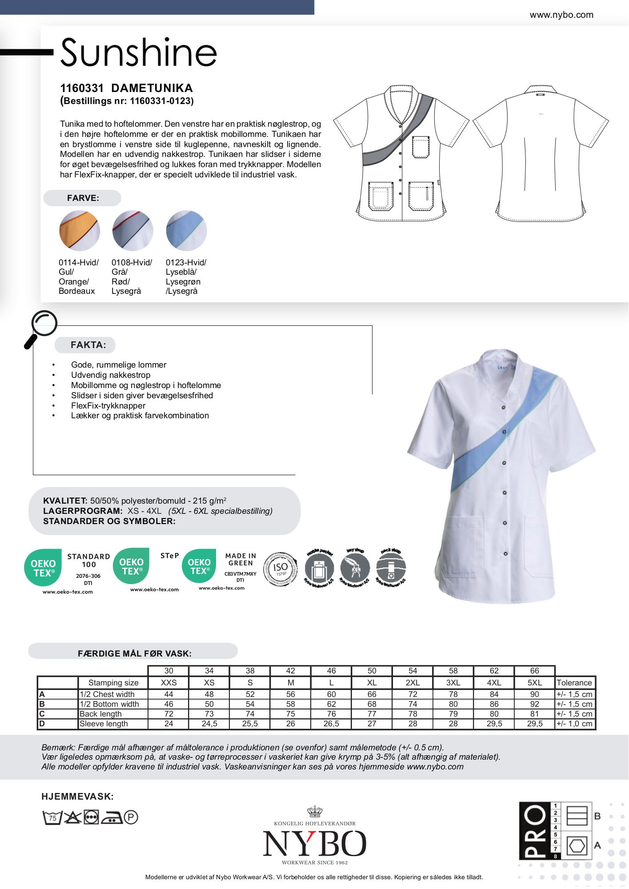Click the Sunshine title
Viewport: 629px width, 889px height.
coord(139,52)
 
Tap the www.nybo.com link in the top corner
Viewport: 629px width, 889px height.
coord(561,15)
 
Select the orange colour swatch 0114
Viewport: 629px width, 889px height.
coord(80,231)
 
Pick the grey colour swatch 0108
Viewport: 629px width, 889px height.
coord(132,231)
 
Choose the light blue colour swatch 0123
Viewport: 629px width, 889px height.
coord(186,231)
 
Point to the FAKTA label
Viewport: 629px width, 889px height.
coord(88,345)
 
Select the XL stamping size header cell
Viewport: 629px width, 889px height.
coord(372,683)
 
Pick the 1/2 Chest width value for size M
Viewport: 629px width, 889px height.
coord(290,694)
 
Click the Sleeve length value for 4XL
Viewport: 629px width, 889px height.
coord(494,724)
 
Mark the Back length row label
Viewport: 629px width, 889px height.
coord(100,714)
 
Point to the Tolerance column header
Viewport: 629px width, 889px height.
coord(574,683)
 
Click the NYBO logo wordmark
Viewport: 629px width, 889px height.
coord(314,844)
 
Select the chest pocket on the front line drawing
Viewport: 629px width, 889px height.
coord(421,147)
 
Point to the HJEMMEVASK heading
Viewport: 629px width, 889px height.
coord(78,797)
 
